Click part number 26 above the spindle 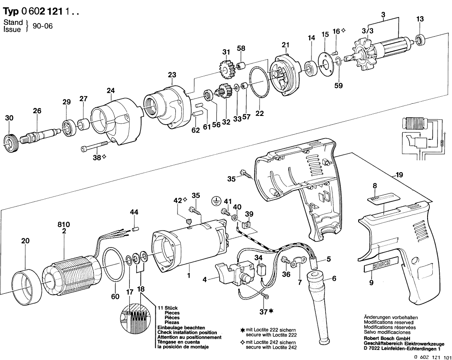37,111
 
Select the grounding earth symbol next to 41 215,201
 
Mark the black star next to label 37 272,311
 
